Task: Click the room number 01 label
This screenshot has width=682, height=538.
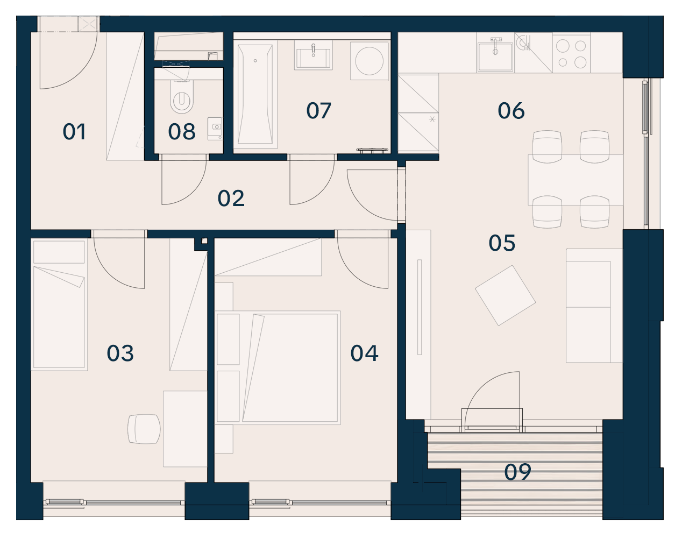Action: [x=74, y=132]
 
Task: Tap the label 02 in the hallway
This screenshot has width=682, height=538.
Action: [x=231, y=199]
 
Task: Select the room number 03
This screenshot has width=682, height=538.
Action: [x=120, y=353]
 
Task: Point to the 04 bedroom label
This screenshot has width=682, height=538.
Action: [x=364, y=353]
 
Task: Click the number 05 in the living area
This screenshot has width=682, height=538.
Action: [x=502, y=243]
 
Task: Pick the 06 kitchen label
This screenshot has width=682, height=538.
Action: [x=511, y=111]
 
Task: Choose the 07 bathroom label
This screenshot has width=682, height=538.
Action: [x=318, y=111]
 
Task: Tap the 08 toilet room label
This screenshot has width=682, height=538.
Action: [x=182, y=132]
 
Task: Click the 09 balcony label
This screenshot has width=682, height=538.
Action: [x=517, y=472]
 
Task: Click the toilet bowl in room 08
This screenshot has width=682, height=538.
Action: [x=182, y=97]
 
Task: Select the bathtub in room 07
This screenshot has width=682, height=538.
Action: [x=255, y=94]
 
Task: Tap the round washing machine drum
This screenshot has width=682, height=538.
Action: [x=369, y=61]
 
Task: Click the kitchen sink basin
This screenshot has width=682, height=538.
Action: [x=495, y=56]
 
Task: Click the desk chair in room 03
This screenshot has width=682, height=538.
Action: [x=144, y=429]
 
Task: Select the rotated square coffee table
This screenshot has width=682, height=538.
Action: [x=506, y=295]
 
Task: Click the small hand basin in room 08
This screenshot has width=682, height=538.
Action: [x=215, y=129]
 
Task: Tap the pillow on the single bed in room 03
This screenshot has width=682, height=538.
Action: [x=59, y=252]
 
